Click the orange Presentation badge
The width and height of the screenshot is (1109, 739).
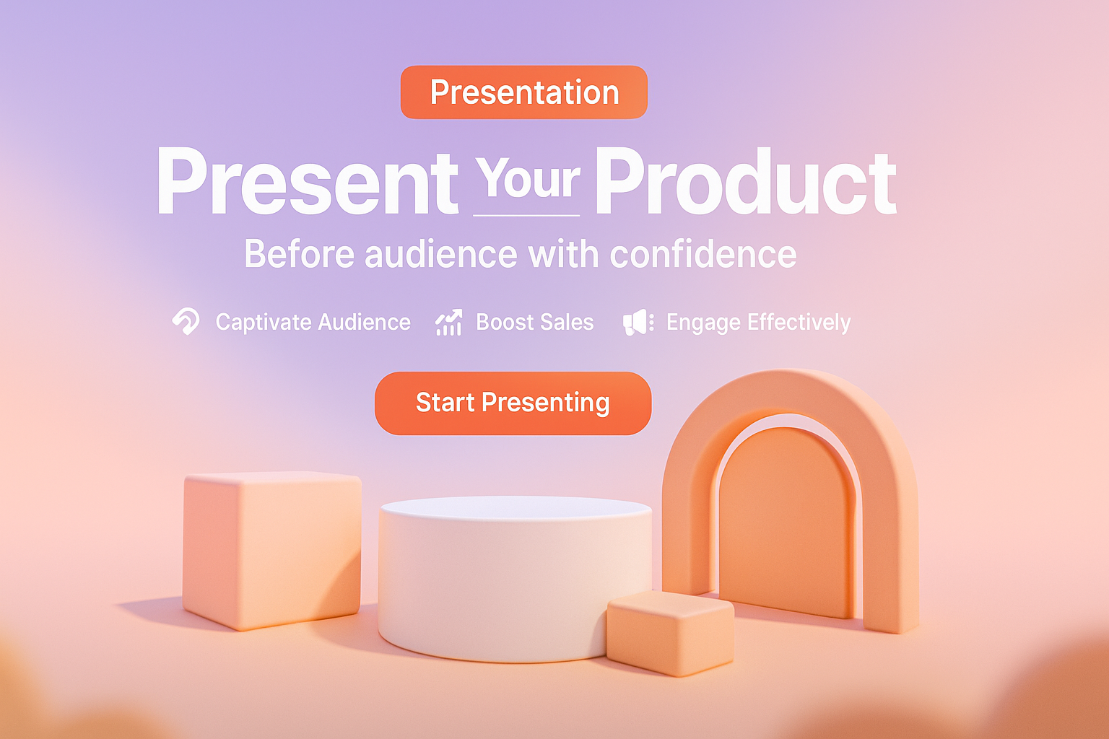tap(523, 92)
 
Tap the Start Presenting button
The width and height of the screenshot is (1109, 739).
tap(513, 403)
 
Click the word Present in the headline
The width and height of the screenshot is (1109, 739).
tap(308, 181)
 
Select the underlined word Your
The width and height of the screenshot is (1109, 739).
tap(527, 178)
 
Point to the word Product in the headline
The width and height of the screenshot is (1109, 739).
tap(746, 181)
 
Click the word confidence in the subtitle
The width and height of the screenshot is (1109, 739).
tap(703, 254)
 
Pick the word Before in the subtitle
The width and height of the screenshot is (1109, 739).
tap(299, 254)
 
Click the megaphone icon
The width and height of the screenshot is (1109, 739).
tap(638, 322)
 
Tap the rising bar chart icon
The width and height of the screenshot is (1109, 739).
tap(448, 322)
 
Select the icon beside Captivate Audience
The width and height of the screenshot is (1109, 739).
tap(186, 321)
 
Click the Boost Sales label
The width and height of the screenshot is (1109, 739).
tap(535, 322)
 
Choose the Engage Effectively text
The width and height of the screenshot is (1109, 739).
tap(759, 323)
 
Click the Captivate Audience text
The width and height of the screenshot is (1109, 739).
tap(313, 322)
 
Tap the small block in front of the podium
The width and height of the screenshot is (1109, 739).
tap(670, 633)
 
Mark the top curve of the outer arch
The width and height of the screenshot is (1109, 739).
tap(790, 391)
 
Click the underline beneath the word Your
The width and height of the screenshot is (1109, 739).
tap(526, 215)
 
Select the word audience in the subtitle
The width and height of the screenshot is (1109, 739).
tap(441, 254)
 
